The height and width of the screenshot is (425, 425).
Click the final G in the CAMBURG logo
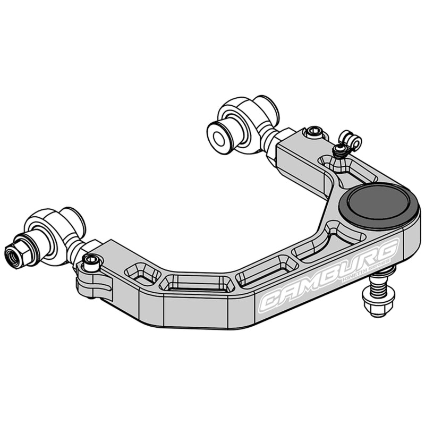(388, 250)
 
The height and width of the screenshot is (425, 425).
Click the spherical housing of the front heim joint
(56, 234)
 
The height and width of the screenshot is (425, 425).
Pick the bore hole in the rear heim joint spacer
(218, 137)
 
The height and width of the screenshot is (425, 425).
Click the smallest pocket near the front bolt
(142, 274)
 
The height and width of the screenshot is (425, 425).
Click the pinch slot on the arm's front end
(98, 287)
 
